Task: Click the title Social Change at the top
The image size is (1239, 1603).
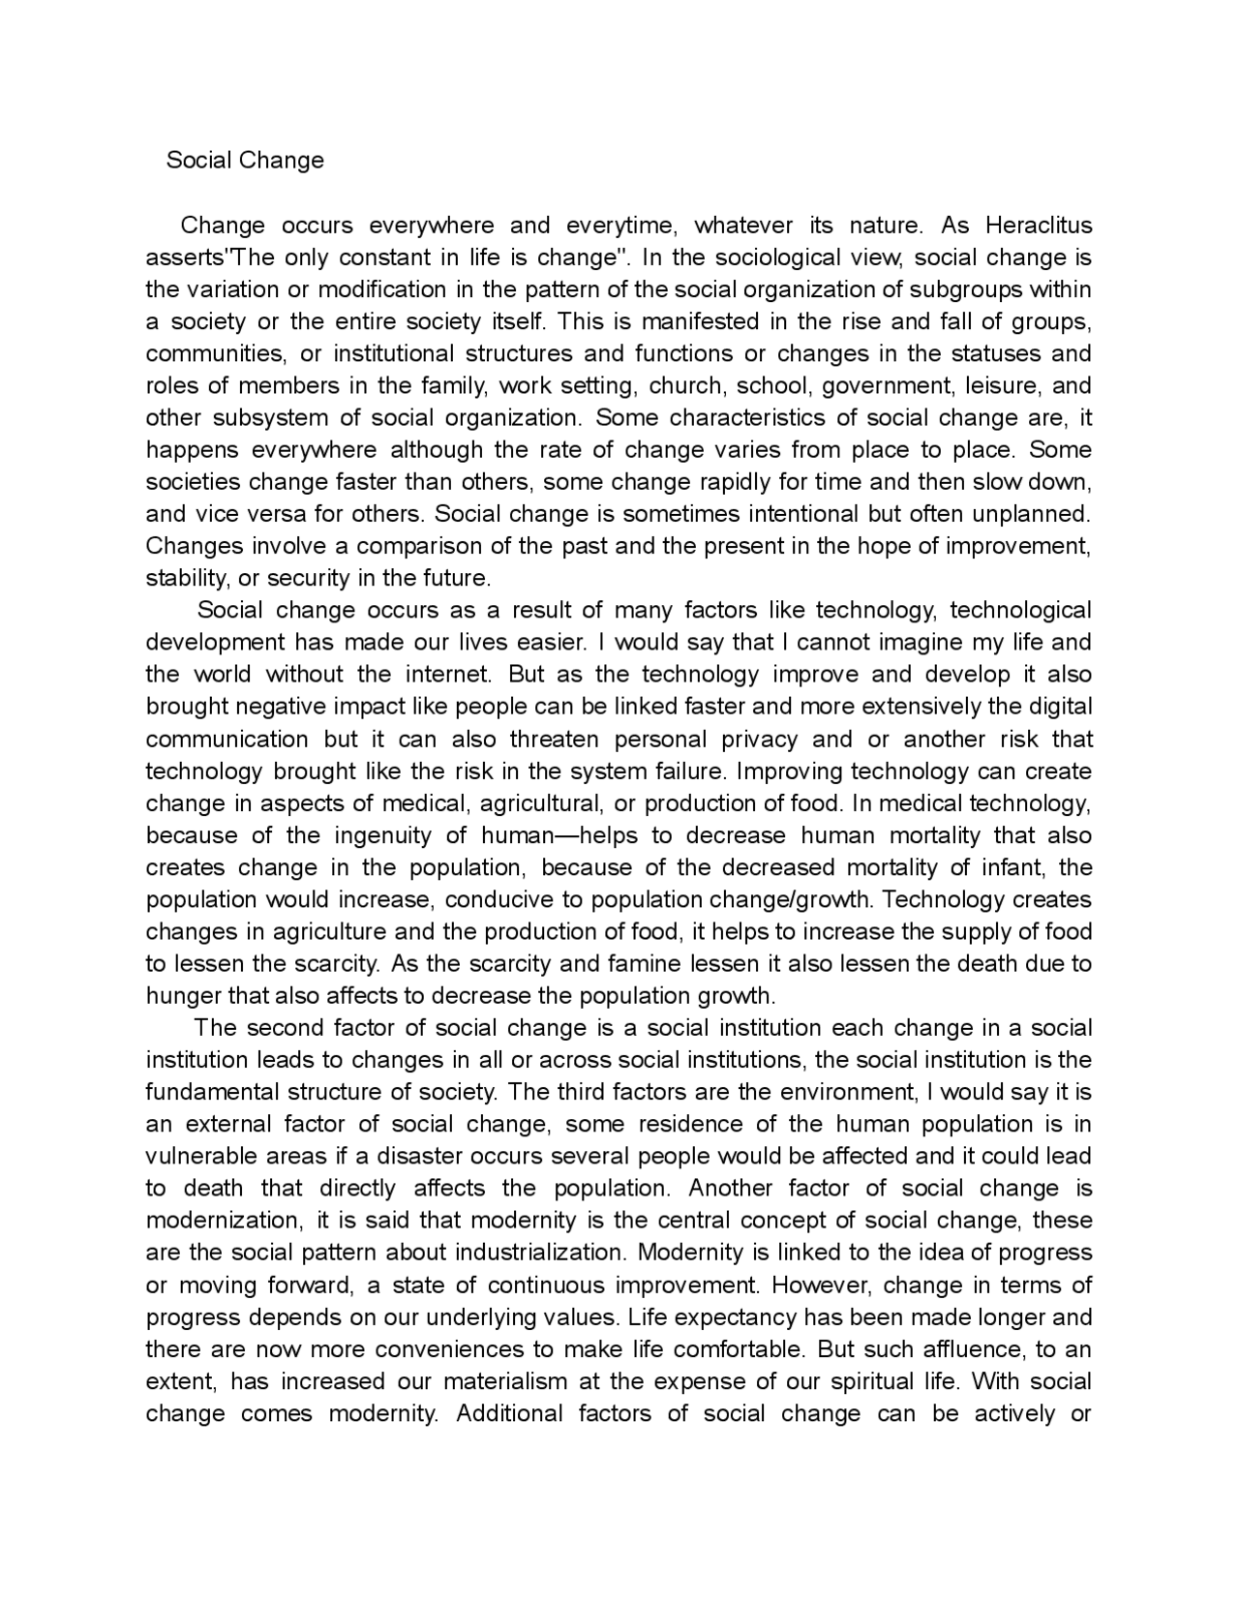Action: pos(245,160)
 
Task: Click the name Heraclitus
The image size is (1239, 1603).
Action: pos(1039,226)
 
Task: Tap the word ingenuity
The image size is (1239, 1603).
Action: pos(374,835)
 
